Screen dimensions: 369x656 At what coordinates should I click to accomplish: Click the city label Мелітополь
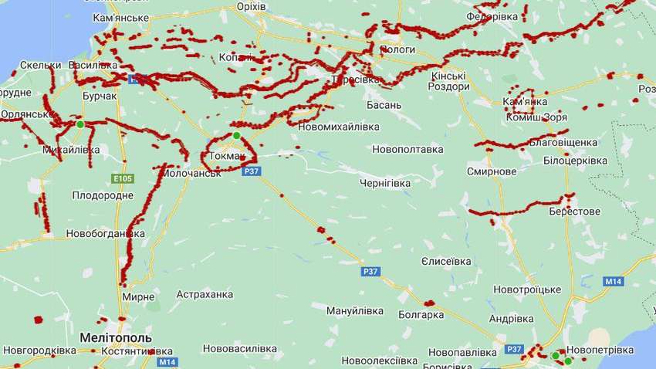[x=116, y=338]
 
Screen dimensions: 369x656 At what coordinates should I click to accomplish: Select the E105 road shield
[x=122, y=178]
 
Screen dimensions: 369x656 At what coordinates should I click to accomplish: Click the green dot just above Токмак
[x=237, y=136]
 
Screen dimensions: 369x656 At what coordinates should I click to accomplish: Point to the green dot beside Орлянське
[x=79, y=124]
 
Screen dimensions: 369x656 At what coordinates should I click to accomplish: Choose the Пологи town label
[x=397, y=49]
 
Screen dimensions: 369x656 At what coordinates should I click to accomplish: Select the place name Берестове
[x=574, y=211]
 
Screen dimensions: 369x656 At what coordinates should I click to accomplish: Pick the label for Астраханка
[x=205, y=294]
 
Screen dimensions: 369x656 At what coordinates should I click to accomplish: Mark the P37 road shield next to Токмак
[x=250, y=171]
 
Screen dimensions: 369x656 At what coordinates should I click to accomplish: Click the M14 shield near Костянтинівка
[x=167, y=361]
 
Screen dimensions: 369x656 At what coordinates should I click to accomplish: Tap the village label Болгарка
[x=421, y=314]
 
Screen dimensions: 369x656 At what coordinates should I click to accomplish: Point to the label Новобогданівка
[x=105, y=233]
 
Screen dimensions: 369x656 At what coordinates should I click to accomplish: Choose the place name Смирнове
[x=492, y=171]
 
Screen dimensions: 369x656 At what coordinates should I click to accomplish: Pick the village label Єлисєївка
[x=446, y=261]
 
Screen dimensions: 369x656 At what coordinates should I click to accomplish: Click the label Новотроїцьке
[x=527, y=289]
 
